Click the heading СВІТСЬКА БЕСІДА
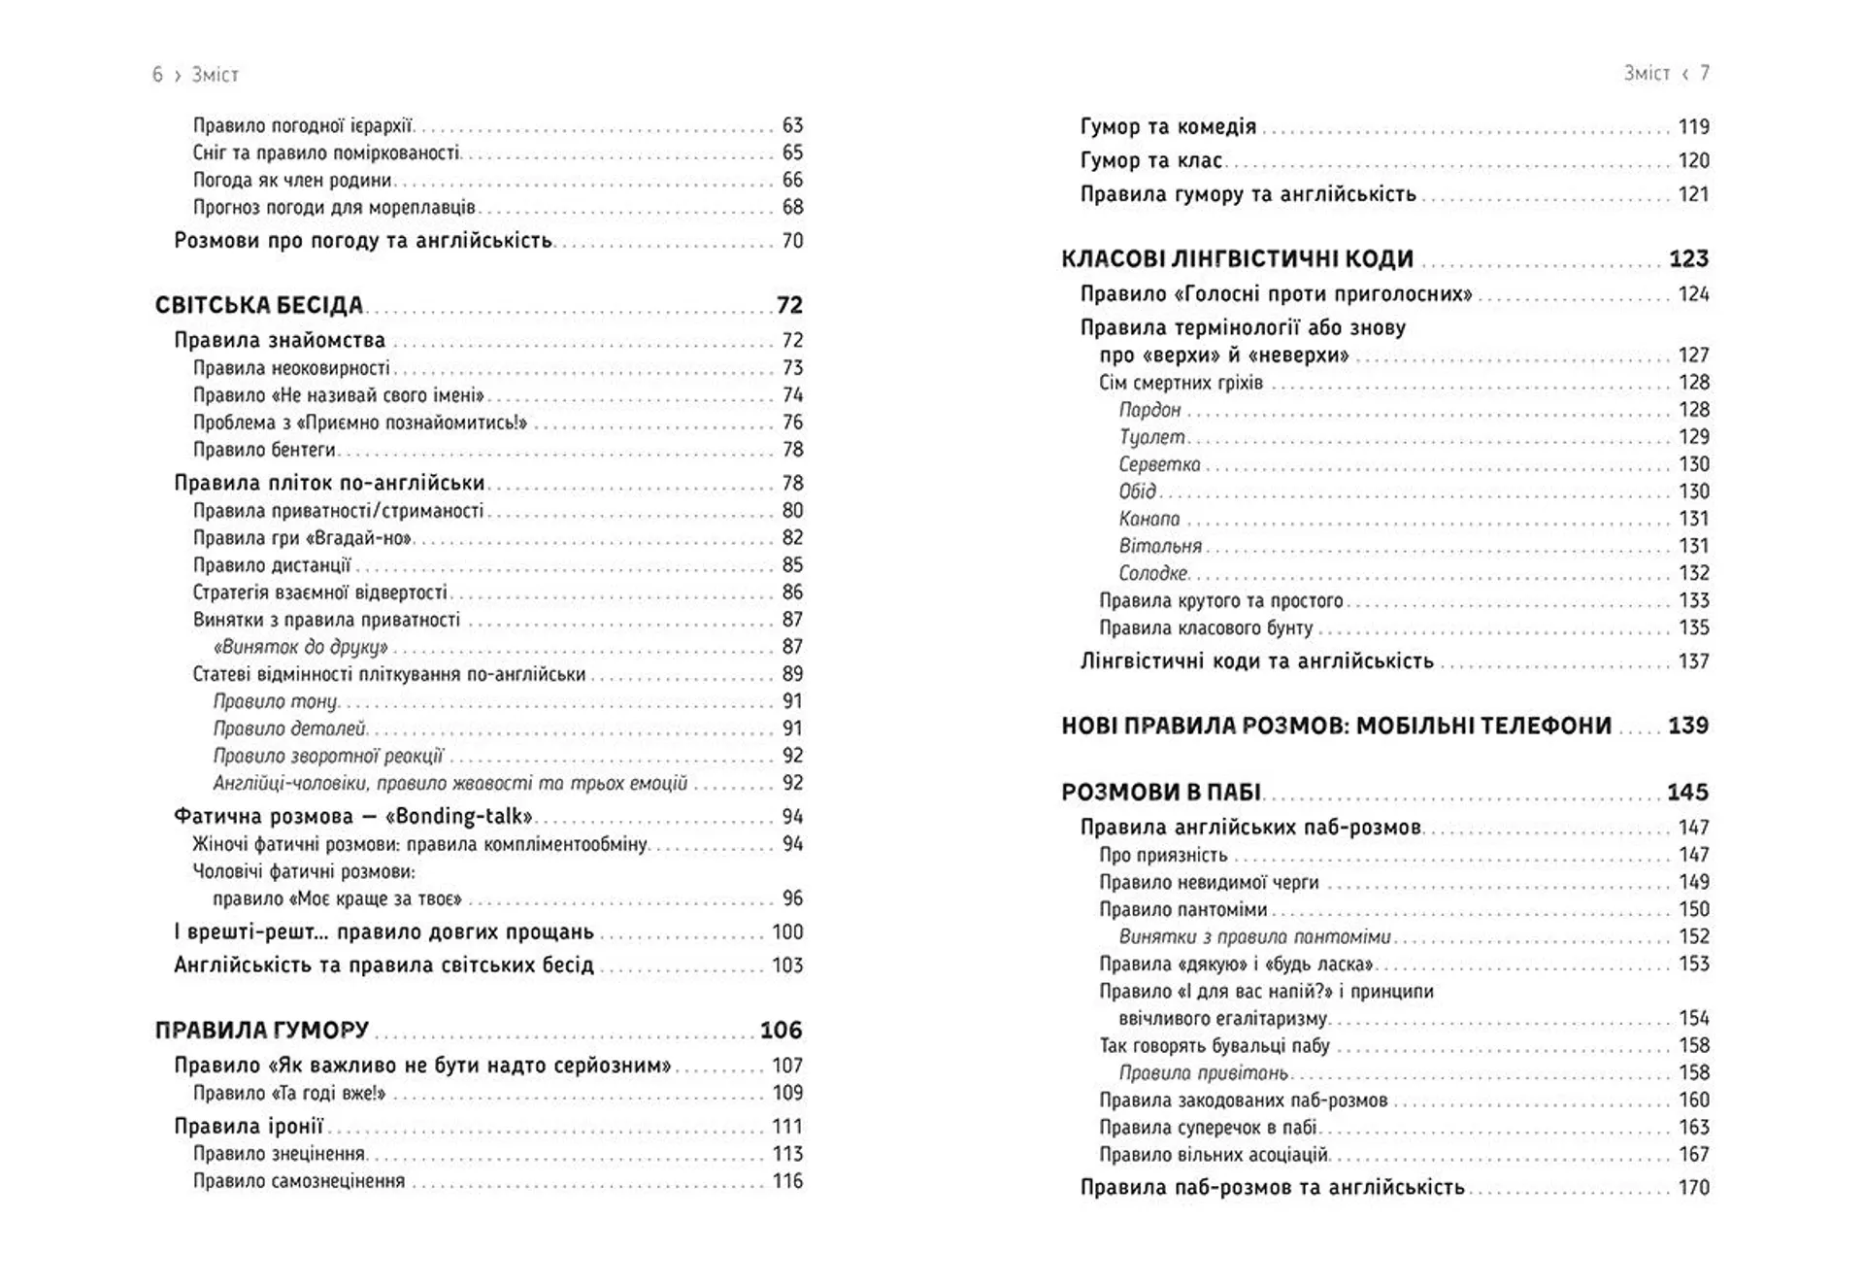point(258,305)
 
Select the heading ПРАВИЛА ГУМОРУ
point(262,1030)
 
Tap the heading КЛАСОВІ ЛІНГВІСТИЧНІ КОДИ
point(1237,258)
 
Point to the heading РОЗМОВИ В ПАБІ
point(1160,792)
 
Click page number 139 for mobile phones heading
point(1687,725)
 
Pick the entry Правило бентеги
point(264,450)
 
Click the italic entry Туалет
point(1151,437)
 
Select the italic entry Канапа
point(1149,519)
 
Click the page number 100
point(787,931)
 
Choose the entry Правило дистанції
point(272,564)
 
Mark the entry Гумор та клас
point(1150,160)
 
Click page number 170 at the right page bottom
point(1693,1187)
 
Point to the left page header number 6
point(157,75)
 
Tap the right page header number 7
point(1705,73)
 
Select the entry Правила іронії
point(249,1126)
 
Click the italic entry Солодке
point(1152,573)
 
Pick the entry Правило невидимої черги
point(1209,882)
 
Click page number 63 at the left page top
point(792,125)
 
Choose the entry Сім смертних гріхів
point(1181,383)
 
